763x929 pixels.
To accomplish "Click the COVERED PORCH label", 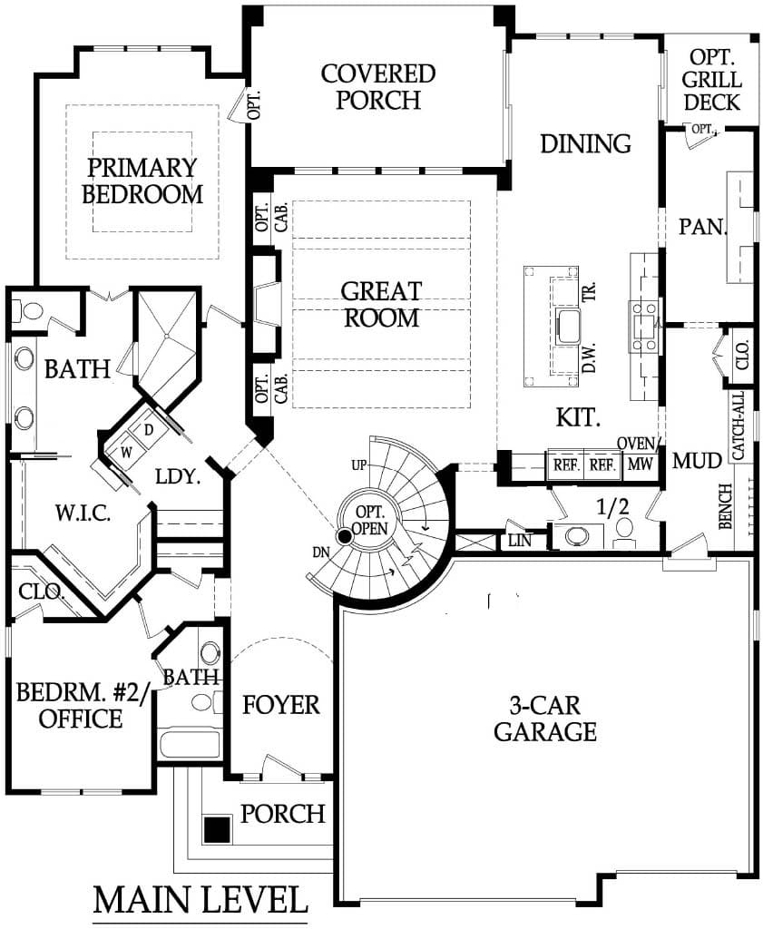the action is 378,87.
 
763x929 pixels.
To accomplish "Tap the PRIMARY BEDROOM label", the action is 142,181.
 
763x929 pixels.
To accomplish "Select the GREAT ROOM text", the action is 381,305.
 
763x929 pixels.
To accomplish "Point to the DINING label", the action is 585,144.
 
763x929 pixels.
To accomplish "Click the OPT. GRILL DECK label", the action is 711,80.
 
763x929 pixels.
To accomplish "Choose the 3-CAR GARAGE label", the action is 545,719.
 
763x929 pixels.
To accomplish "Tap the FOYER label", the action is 280,704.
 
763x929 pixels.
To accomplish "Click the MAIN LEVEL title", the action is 201,899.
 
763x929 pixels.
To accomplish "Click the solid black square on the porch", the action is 216,829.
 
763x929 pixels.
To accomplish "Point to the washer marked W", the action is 125,453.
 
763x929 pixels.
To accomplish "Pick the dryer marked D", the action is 149,429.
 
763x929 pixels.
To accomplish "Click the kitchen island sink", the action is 569,326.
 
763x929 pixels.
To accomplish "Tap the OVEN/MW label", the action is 639,454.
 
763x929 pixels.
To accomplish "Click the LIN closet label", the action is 520,541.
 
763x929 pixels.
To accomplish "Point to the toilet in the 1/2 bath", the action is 623,530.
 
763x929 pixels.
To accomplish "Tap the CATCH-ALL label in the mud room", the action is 739,425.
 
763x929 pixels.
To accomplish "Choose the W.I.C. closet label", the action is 83,513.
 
